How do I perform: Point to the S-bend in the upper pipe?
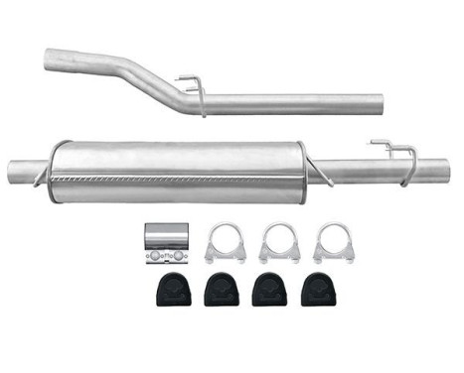click(149, 79)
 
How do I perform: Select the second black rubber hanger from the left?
click(219, 291)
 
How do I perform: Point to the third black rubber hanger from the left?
click(269, 291)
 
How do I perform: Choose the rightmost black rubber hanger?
click(321, 291)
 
